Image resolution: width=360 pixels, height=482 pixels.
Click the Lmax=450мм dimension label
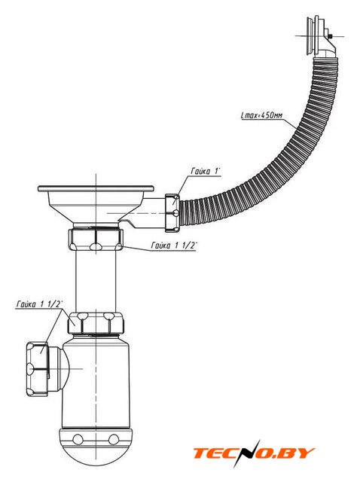tap(262, 115)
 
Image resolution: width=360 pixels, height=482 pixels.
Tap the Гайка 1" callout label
tap(206, 171)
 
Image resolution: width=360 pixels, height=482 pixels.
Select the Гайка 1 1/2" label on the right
tap(174, 246)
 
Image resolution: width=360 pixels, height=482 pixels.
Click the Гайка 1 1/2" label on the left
tap(39, 304)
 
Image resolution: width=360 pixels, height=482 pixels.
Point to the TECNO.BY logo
tap(254, 453)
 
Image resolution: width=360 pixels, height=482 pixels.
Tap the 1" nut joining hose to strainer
tap(172, 212)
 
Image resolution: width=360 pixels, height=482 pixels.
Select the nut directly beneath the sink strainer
tap(96, 239)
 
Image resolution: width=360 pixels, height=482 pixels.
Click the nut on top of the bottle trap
tap(96, 323)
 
